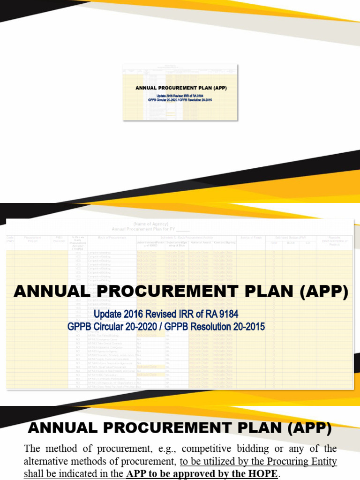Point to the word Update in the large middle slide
coord(109,314)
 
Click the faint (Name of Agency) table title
coord(150,224)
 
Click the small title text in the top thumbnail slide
coord(181,88)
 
